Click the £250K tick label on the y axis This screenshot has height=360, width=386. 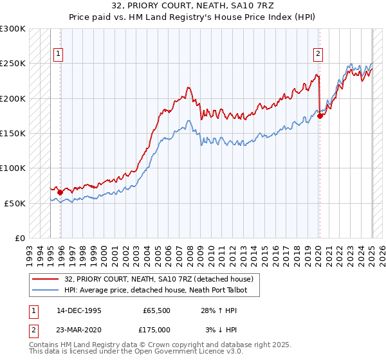coord(13,64)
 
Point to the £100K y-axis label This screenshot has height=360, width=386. coord(13,168)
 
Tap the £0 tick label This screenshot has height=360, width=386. coord(19,238)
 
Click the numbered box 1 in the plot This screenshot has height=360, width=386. coord(59,54)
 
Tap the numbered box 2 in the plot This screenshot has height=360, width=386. coord(318,54)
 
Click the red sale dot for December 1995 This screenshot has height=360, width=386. coord(60,192)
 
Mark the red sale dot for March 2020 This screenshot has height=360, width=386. coord(320,116)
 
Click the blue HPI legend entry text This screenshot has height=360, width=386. coord(160,290)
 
